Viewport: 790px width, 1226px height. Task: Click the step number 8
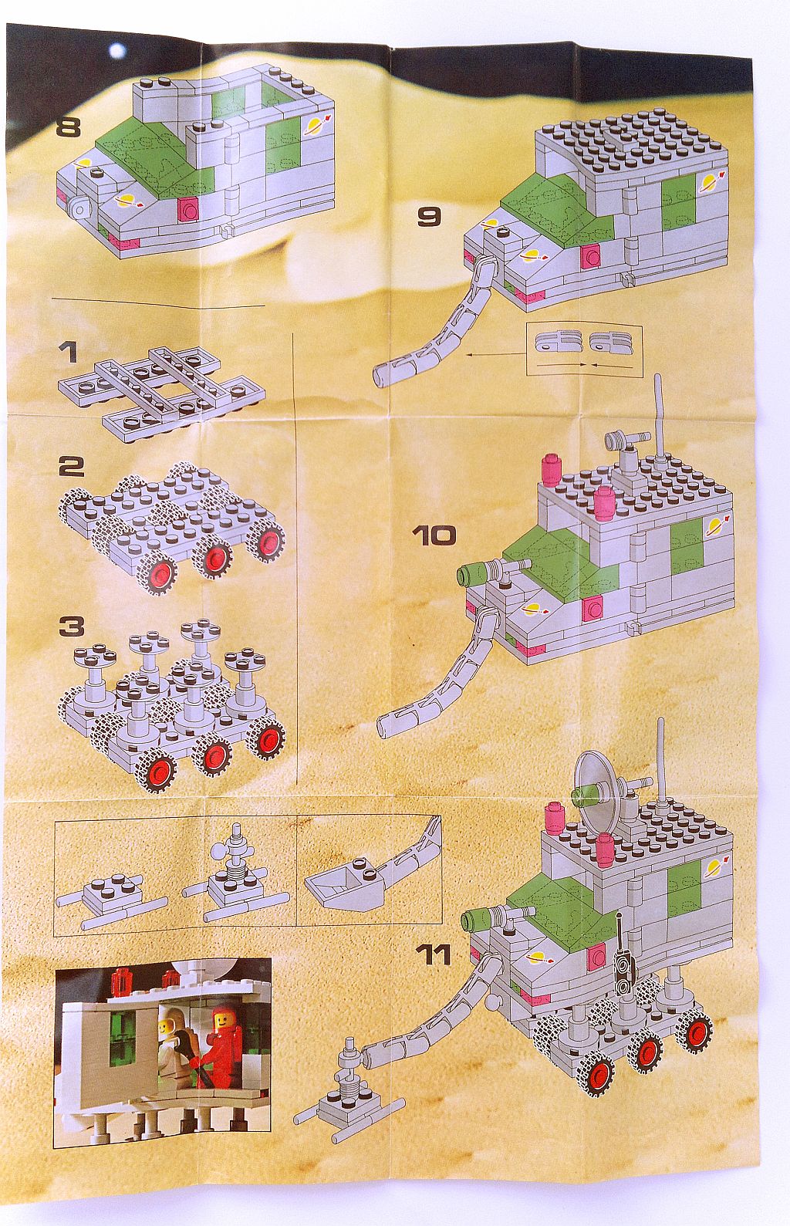pyautogui.click(x=69, y=126)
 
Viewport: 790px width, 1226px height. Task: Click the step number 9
pyautogui.click(x=429, y=216)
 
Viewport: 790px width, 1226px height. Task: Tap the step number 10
pyautogui.click(x=434, y=535)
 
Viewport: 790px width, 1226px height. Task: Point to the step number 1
pyautogui.click(x=69, y=353)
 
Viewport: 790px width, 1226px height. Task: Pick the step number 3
pyautogui.click(x=70, y=627)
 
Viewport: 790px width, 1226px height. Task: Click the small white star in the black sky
pyautogui.click(x=117, y=50)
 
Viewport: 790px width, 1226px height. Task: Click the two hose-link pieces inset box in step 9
pyautogui.click(x=584, y=350)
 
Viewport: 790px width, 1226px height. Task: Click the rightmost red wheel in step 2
pyautogui.click(x=268, y=541)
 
